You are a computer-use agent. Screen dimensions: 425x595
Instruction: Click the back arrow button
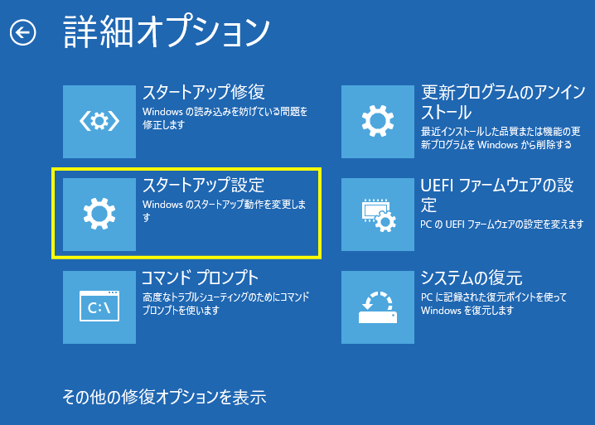coord(23,32)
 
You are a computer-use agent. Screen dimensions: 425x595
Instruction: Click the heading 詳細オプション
coord(166,32)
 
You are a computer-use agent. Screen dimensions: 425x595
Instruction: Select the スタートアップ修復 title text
coord(203,91)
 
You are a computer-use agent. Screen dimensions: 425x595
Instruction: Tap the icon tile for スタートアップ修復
coord(99,121)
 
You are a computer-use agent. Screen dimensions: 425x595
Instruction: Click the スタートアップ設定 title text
coord(203,184)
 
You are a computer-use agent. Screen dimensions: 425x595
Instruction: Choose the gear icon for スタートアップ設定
coord(99,214)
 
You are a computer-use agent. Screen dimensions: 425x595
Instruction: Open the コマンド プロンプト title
coord(200,277)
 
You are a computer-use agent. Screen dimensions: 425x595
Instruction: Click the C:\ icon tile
coord(99,307)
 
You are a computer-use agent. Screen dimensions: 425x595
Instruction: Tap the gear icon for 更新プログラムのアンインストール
coord(378,121)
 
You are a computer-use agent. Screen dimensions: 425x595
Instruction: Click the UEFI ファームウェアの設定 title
coord(496,194)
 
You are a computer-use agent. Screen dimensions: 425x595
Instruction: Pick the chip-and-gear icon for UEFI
coord(378,214)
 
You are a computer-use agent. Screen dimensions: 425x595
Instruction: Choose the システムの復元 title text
coord(471,277)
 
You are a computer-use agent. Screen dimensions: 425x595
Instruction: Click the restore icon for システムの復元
coord(378,307)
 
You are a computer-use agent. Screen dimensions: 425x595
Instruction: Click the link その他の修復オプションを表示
coord(164,397)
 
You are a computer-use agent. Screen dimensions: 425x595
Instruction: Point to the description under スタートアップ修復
coord(224,117)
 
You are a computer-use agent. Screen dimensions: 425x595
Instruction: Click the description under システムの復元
coord(494,303)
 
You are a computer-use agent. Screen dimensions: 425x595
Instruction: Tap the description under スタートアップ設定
coord(224,210)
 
